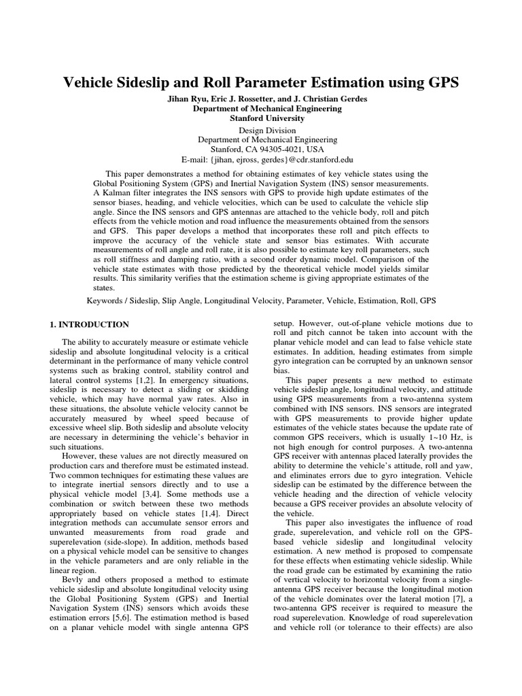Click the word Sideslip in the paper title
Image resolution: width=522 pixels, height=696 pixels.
coord(145,83)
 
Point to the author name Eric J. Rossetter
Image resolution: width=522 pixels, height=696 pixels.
coord(246,99)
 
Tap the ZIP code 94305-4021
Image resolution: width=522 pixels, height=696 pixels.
coord(277,150)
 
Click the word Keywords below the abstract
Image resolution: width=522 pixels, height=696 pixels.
coord(109,300)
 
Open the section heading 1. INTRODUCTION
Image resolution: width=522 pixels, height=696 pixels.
coord(90,325)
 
